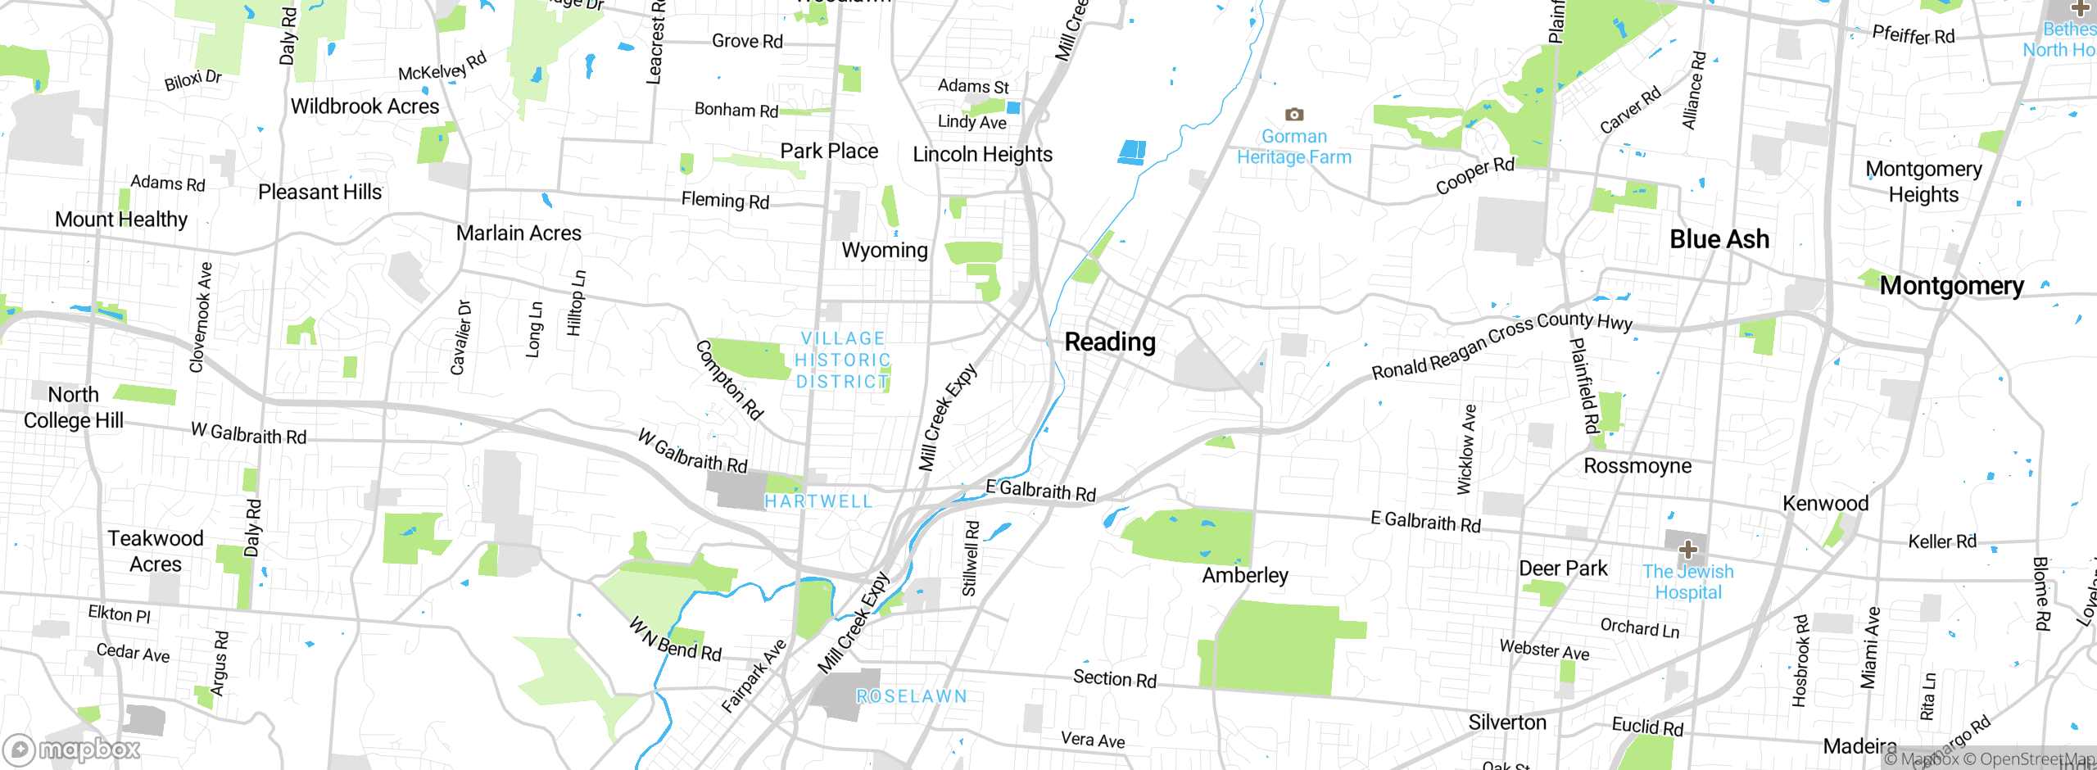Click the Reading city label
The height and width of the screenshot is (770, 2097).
[x=1110, y=342]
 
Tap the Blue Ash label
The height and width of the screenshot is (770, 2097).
[x=1719, y=239]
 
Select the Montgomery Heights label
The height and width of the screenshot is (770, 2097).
[x=1923, y=182]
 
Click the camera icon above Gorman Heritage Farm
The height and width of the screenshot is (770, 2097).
[x=1294, y=115]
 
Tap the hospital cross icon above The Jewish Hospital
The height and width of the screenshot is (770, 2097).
[x=1687, y=549]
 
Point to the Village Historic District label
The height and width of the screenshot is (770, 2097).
[x=843, y=360]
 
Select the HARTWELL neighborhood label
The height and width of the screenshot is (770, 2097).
[x=818, y=501]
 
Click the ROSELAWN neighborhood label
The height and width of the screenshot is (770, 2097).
[x=912, y=696]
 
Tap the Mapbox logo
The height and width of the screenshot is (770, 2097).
[x=72, y=749]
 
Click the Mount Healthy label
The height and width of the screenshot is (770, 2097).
[x=121, y=220]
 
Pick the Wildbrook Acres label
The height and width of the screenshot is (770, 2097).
[x=365, y=106]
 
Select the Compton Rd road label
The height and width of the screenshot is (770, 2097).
[x=729, y=380]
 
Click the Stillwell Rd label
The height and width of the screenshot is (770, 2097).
[x=971, y=559]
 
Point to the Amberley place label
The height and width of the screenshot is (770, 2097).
[x=1245, y=575]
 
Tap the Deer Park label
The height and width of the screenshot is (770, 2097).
[x=1563, y=568]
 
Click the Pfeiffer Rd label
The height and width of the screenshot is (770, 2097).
[x=1913, y=35]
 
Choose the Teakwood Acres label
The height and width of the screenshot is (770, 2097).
[x=156, y=551]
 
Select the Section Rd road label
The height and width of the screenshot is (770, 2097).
[x=1115, y=678]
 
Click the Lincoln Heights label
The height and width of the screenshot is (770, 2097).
[x=982, y=154]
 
